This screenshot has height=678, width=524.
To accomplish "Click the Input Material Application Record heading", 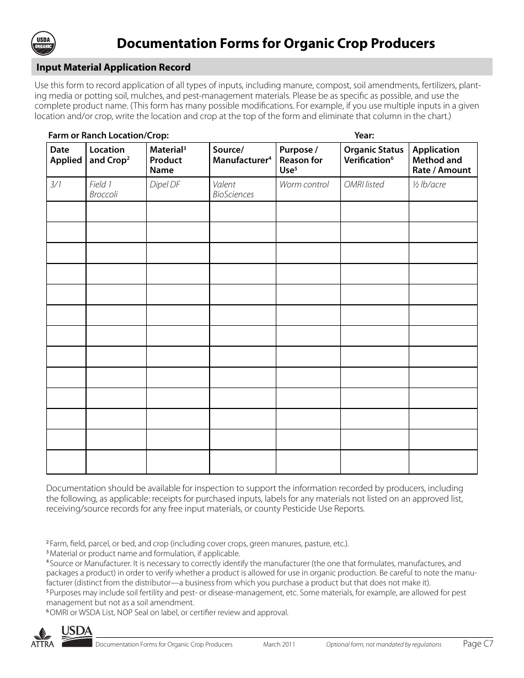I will coord(113,67).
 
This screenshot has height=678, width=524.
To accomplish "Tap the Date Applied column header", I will coord(66,155).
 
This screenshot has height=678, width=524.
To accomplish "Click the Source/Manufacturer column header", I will coord(242,155).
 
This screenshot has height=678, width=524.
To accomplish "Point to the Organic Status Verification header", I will coord(373,155).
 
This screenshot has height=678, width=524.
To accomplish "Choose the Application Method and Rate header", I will coord(441,160).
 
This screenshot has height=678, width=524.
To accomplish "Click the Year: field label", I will coord(364,135).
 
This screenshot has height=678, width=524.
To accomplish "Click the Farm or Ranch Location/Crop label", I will coord(108,135).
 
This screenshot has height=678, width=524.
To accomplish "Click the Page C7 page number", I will coord(478,643).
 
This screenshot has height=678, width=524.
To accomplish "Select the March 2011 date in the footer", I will coord(279,644).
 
